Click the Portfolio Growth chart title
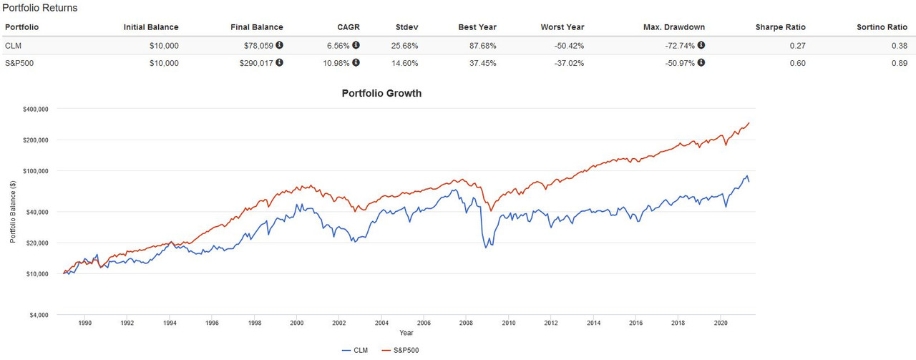pos(381,93)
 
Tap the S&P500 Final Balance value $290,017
pos(255,63)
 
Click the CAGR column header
pos(349,27)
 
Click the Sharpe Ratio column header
pos(780,27)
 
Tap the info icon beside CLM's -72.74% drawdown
pos(701,45)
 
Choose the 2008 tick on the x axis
pos(466,323)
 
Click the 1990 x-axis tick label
pos(85,323)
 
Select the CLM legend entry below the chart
pos(356,350)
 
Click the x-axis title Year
pos(406,333)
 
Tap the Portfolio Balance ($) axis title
pos(13,212)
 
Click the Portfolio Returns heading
pos(40,8)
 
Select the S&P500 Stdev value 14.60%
pos(406,63)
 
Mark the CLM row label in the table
pos(12,45)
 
